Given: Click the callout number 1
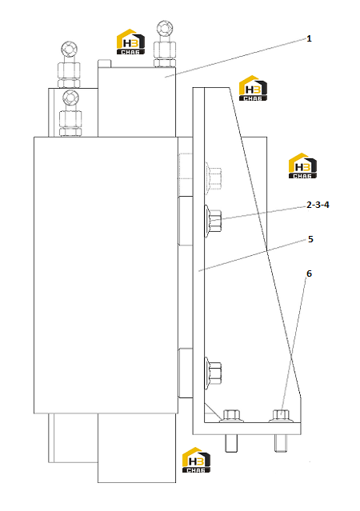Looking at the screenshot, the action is (309, 38).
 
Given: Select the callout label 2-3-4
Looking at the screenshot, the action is (318, 205).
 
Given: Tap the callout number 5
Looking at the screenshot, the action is (310, 239).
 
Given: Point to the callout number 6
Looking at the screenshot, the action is (309, 273).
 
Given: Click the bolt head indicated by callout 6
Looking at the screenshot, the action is (281, 416).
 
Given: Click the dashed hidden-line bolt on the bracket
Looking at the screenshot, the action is (214, 178).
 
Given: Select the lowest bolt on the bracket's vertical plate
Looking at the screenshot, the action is (213, 373).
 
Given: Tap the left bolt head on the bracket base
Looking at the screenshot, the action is (231, 416).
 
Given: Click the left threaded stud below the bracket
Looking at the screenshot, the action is (231, 443).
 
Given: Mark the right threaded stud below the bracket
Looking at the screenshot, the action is (281, 443).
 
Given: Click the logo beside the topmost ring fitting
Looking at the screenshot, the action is (130, 42).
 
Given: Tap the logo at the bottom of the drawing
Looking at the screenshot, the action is (196, 460).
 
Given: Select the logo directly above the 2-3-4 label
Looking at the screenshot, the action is (302, 166).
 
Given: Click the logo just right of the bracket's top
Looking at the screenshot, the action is (253, 88).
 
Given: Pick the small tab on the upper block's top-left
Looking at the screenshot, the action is (105, 63).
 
